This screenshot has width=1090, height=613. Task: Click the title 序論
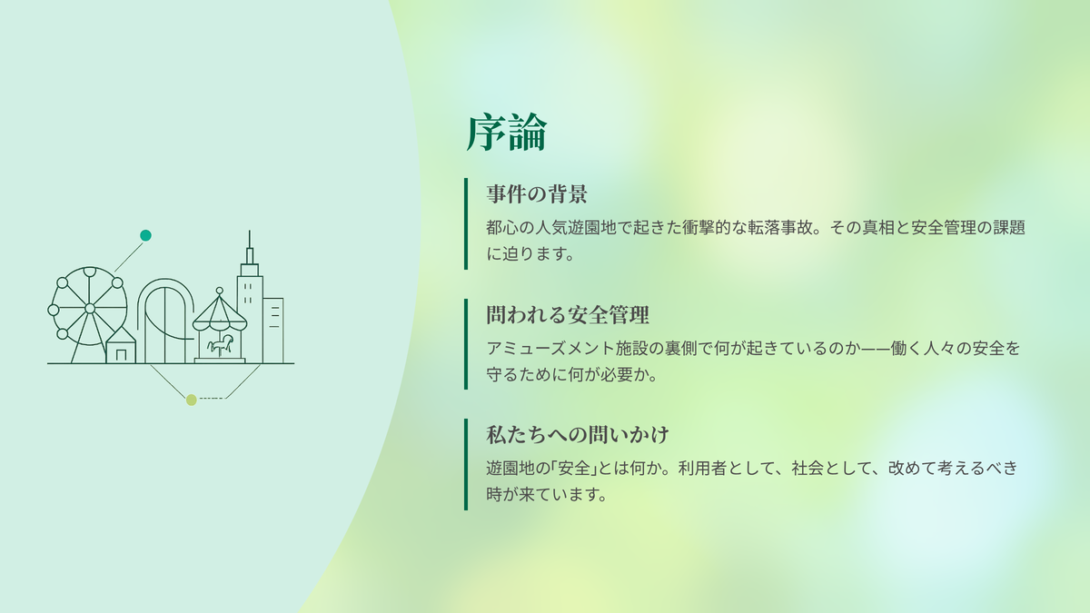click(x=507, y=133)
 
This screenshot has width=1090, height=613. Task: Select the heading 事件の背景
click(x=537, y=193)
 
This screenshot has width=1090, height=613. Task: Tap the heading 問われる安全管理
click(x=568, y=314)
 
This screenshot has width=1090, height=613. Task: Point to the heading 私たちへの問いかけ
click(x=578, y=434)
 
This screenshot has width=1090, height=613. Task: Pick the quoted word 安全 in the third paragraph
click(x=574, y=468)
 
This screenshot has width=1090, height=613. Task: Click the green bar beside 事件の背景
click(x=466, y=223)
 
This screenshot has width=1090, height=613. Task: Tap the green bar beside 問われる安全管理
click(x=466, y=344)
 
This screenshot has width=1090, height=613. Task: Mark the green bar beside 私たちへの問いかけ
click(x=466, y=464)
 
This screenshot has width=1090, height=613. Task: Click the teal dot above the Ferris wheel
click(x=145, y=235)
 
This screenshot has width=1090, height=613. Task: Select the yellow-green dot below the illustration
click(x=192, y=400)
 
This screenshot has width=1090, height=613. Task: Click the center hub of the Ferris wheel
click(x=90, y=308)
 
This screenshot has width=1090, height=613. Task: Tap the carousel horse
click(x=220, y=344)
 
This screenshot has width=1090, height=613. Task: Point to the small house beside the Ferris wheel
click(x=121, y=345)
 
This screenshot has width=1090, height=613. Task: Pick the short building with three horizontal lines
click(x=273, y=331)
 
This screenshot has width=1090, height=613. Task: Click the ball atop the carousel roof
click(x=220, y=291)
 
